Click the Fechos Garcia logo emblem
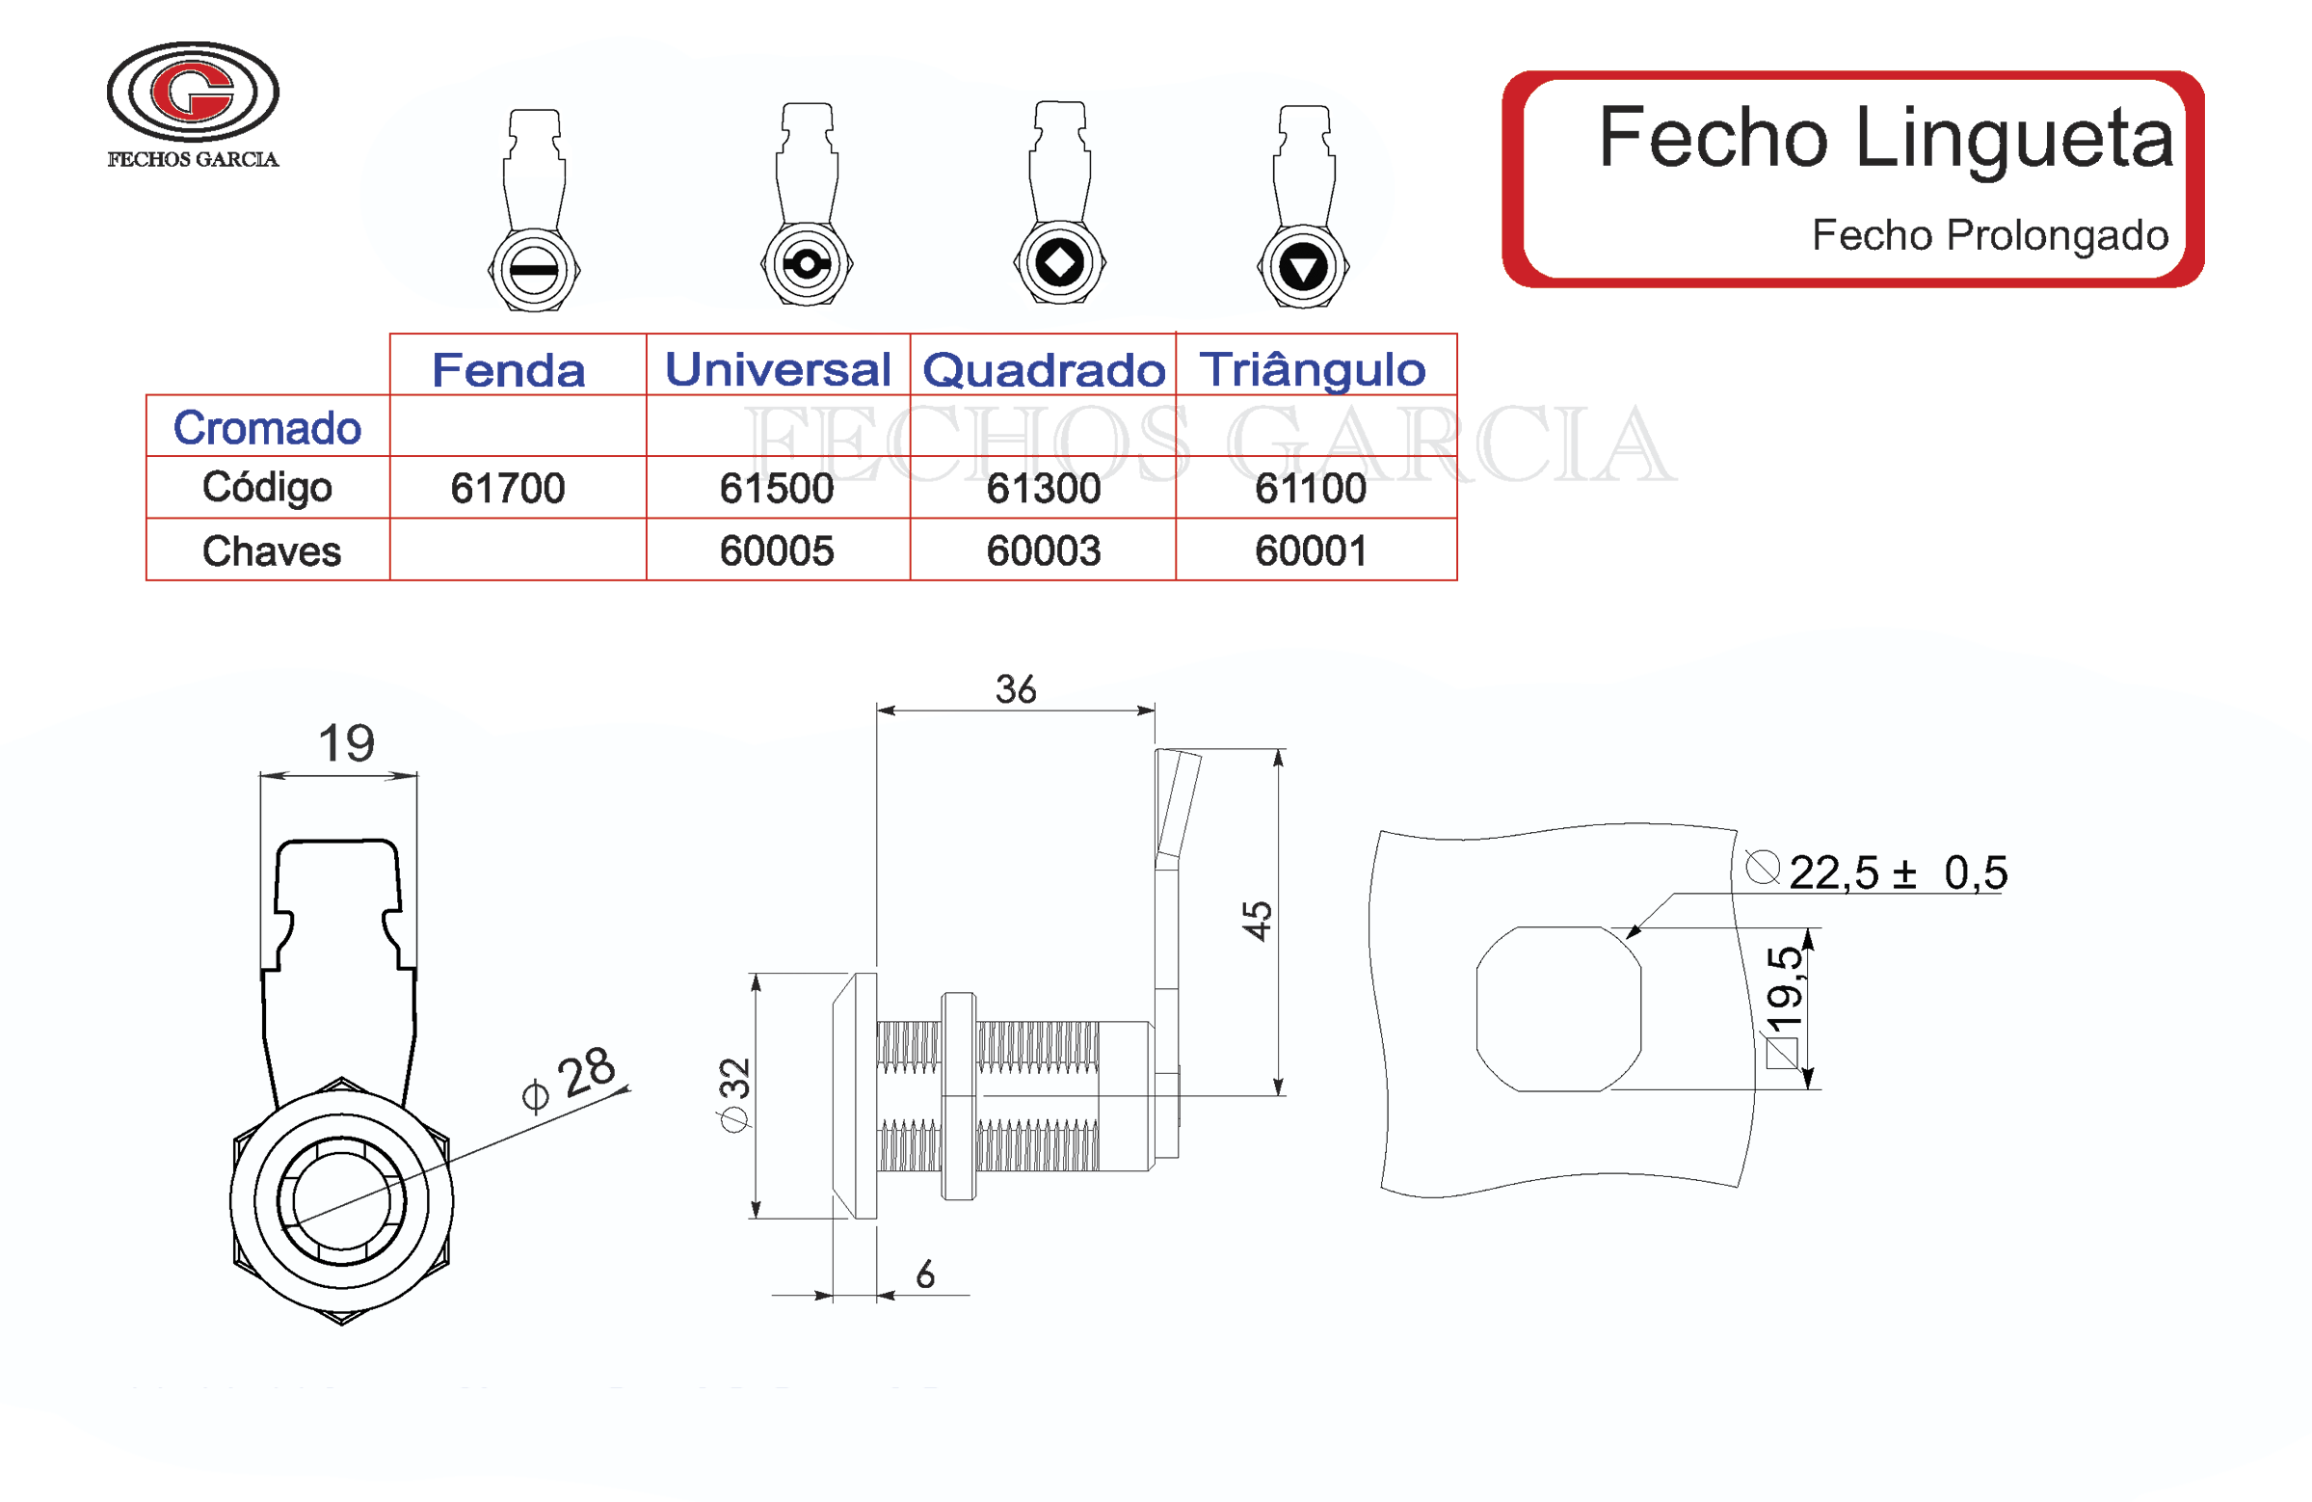coord(193,93)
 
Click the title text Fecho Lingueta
coord(1883,138)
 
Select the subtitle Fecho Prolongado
coord(1988,235)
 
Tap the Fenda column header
coord(508,370)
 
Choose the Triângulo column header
coord(1312,369)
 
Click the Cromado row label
coord(266,427)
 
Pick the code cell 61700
coord(507,488)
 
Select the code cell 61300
coord(1044,488)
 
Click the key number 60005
coord(776,550)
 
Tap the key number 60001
coord(1311,550)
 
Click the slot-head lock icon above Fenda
coord(534,268)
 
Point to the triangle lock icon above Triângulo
coord(1303,266)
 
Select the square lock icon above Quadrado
coord(1059,262)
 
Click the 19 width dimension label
coord(346,743)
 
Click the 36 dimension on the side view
coord(1015,690)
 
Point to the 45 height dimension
coord(1257,920)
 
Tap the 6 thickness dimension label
coord(925,1274)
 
